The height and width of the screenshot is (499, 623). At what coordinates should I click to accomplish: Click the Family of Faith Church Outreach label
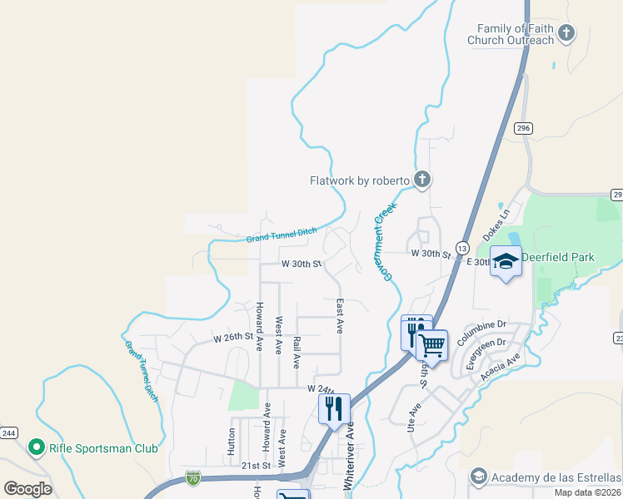[x=511, y=34]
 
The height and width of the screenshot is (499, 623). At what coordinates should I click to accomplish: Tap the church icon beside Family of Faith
[x=566, y=34]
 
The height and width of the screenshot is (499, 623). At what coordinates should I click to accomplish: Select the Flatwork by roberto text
[x=360, y=180]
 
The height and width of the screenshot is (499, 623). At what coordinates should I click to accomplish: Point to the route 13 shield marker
[x=462, y=248]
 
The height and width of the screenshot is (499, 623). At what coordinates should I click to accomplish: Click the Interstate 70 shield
[x=192, y=478]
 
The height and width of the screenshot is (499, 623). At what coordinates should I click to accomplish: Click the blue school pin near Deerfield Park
[x=506, y=263]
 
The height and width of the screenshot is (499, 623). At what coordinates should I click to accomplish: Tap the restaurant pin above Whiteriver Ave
[x=334, y=408]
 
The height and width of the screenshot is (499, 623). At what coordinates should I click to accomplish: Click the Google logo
[x=27, y=489]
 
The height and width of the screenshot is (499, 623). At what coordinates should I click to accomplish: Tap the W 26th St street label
[x=232, y=338]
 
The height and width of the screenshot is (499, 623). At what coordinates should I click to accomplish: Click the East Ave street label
[x=340, y=316]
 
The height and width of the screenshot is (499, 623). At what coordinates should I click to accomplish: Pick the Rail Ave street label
[x=297, y=353]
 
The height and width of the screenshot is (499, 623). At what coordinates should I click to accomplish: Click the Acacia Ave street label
[x=500, y=368]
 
